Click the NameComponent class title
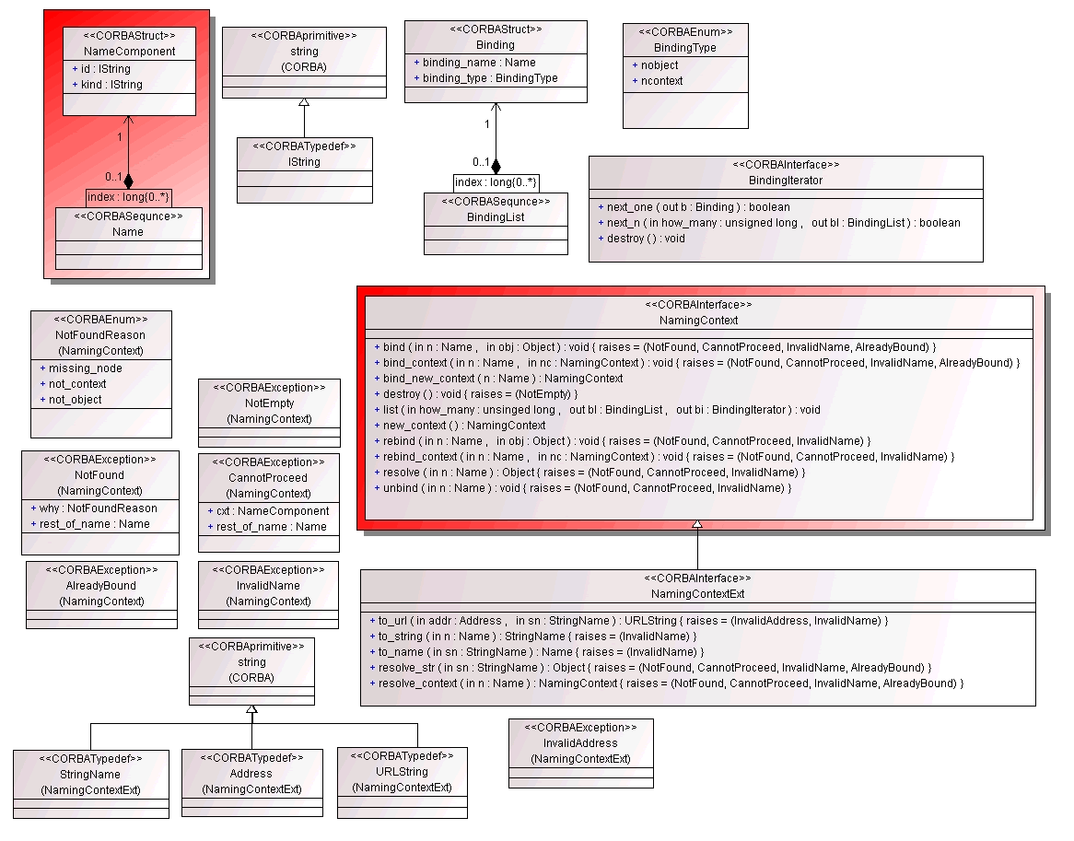coord(130,52)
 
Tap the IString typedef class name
coord(304,162)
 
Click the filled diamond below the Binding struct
coord(496,166)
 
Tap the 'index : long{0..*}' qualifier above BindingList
coord(496,182)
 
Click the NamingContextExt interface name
coord(698,594)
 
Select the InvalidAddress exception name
coord(581,743)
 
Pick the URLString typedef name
coord(403,772)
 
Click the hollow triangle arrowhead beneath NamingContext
coord(697,524)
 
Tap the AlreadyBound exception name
coord(101,586)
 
